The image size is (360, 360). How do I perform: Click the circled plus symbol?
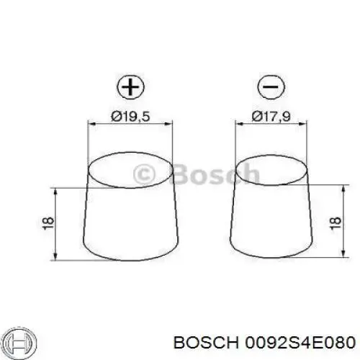coord(130,86)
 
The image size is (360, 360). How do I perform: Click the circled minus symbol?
coord(271,86)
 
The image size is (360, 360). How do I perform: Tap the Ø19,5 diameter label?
coord(130,117)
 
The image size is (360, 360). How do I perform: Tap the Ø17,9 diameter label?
coord(271,117)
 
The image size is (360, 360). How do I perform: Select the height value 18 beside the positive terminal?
coord(48,223)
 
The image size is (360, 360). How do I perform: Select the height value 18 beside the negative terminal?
coord(336,223)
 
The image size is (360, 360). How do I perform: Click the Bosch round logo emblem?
coord(21,342)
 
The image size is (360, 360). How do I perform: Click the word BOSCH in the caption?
coord(206,343)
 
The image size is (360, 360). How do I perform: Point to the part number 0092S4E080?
coord(300,343)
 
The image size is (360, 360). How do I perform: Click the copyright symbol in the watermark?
coord(145,174)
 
